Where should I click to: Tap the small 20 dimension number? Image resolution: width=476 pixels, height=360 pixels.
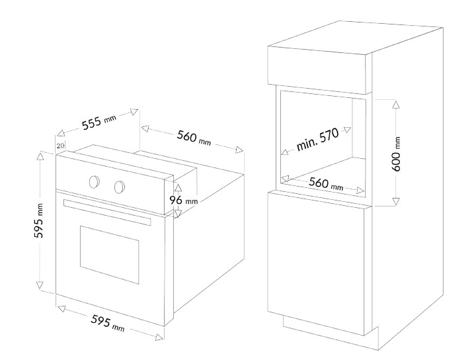60,146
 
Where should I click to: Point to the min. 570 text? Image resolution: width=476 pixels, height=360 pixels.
317,140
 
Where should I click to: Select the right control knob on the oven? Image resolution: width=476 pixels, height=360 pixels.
120,187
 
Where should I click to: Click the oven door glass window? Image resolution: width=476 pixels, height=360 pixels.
110,254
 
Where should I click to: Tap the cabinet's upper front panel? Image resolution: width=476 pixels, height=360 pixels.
317,69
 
